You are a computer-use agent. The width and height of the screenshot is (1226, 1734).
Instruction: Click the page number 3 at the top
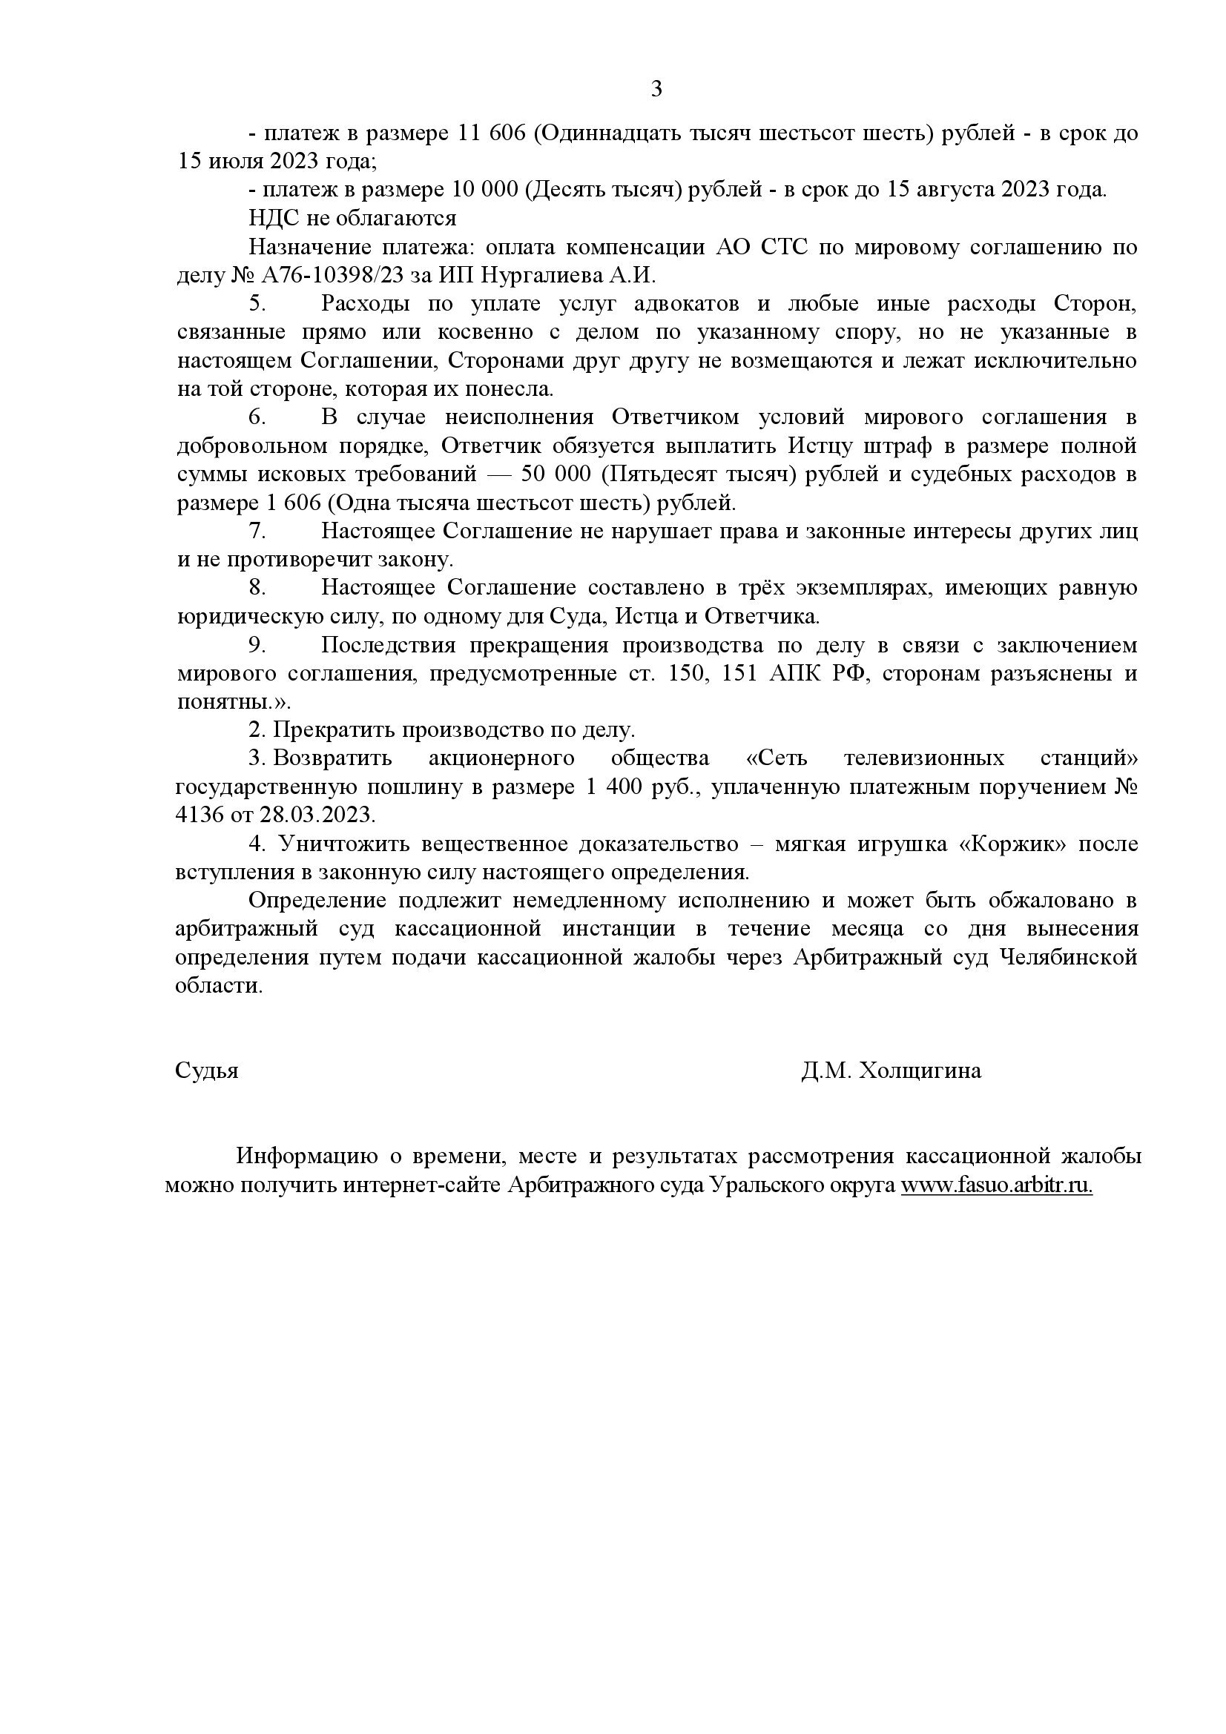(x=656, y=90)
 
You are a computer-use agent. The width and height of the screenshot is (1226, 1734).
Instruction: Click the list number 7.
(x=257, y=531)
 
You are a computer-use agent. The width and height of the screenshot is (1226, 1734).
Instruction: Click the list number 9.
(x=257, y=645)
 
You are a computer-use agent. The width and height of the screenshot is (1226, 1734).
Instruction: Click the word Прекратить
(x=332, y=730)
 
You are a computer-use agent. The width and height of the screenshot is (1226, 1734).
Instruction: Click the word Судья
(x=207, y=1071)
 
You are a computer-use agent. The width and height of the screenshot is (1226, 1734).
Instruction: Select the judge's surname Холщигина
(x=920, y=1071)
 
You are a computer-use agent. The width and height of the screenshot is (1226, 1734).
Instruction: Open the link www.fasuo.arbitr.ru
(x=996, y=1185)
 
